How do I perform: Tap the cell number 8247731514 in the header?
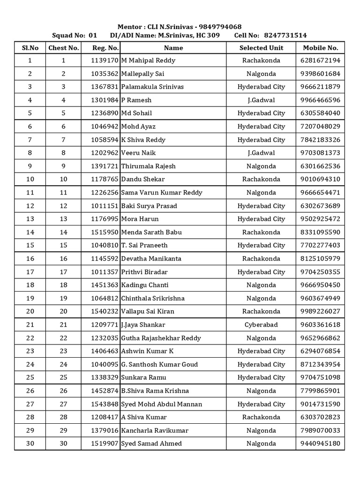click(x=285, y=35)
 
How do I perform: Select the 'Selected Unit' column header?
click(x=261, y=48)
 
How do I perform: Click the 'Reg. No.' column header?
click(x=105, y=48)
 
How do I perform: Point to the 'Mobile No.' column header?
click(x=320, y=48)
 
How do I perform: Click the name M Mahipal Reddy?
click(x=148, y=60)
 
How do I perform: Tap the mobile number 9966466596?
click(x=320, y=100)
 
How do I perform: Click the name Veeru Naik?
click(x=138, y=153)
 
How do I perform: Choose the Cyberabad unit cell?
click(x=261, y=324)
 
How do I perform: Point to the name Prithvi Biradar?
click(x=144, y=272)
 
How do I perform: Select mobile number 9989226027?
click(x=320, y=311)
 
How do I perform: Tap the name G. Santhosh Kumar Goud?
click(x=159, y=364)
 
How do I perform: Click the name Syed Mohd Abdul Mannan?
click(x=162, y=404)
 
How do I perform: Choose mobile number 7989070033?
click(x=320, y=430)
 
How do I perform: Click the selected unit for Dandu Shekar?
click(x=261, y=179)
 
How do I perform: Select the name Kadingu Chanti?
click(x=145, y=285)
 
